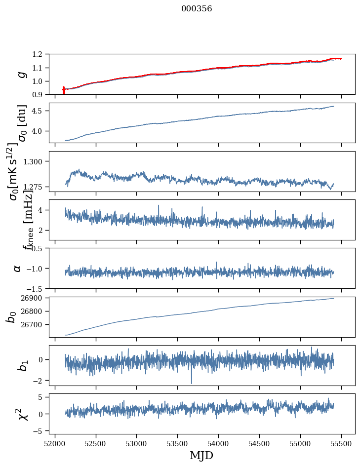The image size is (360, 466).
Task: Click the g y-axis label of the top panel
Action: pyautogui.click(x=20, y=75)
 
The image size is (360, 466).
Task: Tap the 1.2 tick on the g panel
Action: pyautogui.click(x=40, y=54)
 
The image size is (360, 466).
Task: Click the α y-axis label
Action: pyautogui.click(x=17, y=268)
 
